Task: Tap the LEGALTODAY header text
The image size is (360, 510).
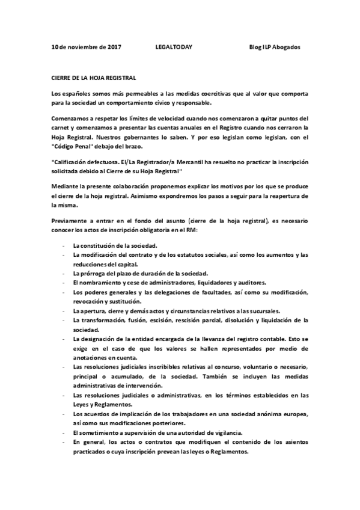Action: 174,47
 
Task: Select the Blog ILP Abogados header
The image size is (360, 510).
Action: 274,47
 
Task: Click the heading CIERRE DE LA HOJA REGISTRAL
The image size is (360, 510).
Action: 94,78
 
